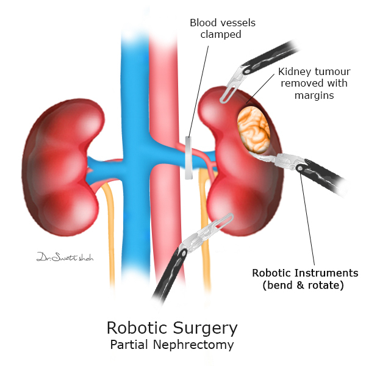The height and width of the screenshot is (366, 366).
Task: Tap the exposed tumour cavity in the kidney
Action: [255, 129]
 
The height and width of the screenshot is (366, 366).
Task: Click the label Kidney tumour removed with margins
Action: [315, 83]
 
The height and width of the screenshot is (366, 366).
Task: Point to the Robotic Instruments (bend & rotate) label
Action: [306, 278]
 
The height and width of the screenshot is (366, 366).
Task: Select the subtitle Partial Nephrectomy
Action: [171, 345]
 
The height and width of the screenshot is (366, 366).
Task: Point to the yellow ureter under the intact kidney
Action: [109, 232]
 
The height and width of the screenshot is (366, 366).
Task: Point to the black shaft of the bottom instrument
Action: [165, 278]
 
